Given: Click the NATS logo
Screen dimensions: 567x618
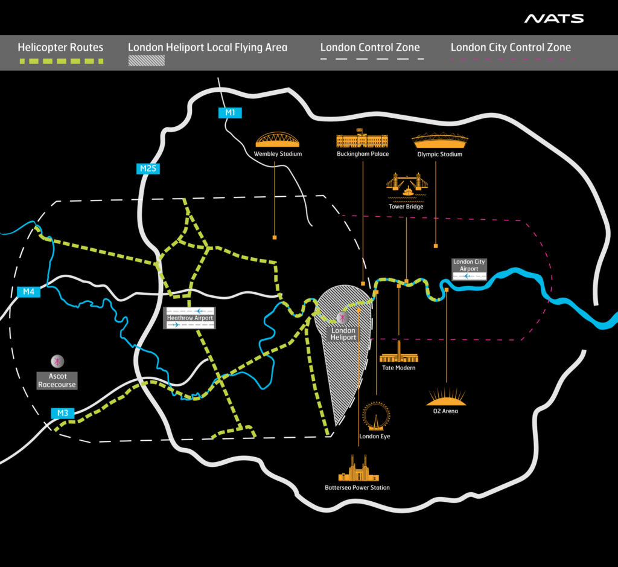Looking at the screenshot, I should coord(553,19).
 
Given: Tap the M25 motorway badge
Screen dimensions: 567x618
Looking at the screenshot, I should coord(147,168).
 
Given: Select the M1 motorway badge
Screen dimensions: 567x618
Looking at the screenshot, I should coord(229,112).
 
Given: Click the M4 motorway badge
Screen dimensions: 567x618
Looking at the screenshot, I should coord(28,292).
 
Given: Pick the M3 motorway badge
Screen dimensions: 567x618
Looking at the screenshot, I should coord(62,414).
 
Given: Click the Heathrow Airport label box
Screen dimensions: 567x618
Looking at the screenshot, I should coord(190,318).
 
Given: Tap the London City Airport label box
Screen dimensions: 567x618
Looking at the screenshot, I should coord(469,269).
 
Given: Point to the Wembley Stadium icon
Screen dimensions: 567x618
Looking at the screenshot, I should coord(278,140).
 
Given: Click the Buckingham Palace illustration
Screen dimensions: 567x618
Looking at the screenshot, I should coord(362,139).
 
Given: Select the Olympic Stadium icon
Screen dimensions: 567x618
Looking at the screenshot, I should coord(439,140).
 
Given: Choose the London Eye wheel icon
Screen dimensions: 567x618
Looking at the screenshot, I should coord(376,416).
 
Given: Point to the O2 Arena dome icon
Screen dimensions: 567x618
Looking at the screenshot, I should coord(446,397).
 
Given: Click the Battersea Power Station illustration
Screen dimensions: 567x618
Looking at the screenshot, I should coord(358,469).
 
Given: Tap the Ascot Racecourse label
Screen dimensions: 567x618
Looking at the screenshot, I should coord(57,380).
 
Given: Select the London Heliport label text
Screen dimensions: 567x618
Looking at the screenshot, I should coord(343,334).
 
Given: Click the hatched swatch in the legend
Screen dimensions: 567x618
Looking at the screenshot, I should coord(147,60).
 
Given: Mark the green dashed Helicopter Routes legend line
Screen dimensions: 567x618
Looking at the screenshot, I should coord(60,61).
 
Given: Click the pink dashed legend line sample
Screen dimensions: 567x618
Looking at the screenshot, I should coord(513,60).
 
